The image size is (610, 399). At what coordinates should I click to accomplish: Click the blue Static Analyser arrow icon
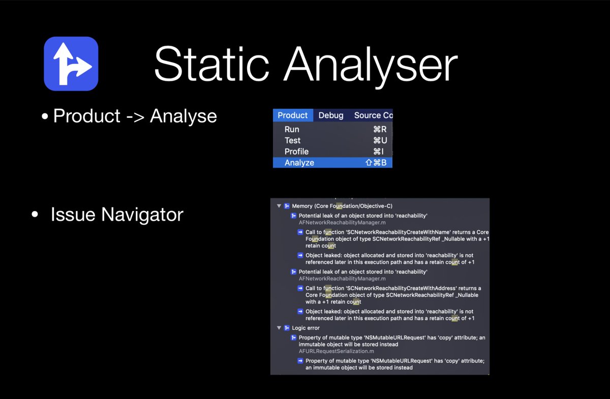71,64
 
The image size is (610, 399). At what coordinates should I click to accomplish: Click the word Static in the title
211,64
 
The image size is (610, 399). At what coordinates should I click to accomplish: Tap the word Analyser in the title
371,67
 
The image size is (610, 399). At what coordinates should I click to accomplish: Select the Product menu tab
293,115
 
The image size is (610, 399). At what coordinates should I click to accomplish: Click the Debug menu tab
331,115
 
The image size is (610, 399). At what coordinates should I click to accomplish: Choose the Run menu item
292,130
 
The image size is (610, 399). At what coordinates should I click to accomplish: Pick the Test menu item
292,140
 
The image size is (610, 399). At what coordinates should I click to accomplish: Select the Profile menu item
296,151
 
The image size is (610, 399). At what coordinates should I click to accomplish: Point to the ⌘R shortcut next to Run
380,130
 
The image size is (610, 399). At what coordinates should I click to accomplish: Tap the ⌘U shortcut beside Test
380,140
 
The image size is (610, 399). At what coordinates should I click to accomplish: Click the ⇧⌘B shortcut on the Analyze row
376,163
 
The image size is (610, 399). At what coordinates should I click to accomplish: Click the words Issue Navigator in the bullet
117,214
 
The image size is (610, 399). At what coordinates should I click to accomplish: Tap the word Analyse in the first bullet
184,116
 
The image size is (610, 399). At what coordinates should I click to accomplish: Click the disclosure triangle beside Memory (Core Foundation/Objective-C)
279,206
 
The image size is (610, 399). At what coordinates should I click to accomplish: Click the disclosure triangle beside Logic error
279,328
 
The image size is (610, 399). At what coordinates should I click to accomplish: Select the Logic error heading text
306,328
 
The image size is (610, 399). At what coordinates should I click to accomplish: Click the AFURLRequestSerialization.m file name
337,351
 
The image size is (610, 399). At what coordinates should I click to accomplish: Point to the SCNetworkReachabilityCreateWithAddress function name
401,288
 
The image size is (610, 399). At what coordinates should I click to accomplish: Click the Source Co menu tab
373,115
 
